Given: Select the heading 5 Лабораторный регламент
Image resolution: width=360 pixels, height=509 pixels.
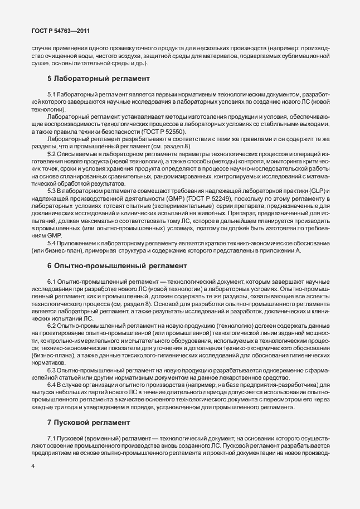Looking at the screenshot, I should click(91, 79).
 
